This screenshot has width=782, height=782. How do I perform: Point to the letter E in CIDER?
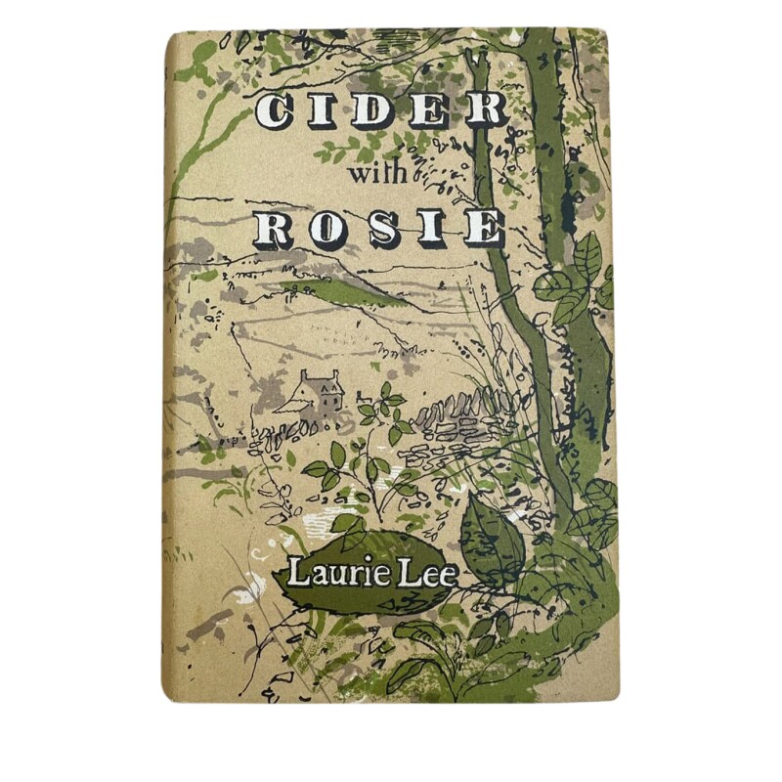[429, 111]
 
